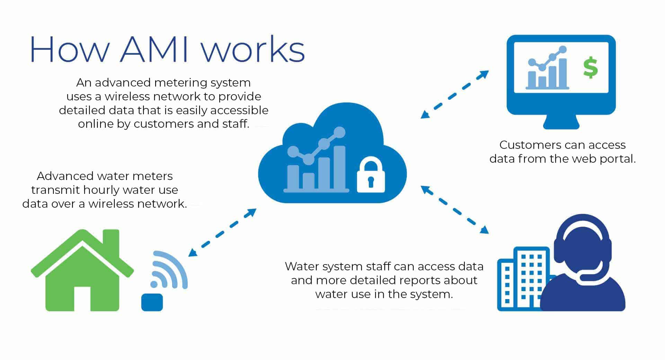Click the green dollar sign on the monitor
(591, 68)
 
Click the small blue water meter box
(152, 302)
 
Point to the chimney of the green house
(111, 242)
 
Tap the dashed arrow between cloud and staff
(454, 210)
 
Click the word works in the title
(253, 49)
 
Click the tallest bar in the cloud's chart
(339, 168)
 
